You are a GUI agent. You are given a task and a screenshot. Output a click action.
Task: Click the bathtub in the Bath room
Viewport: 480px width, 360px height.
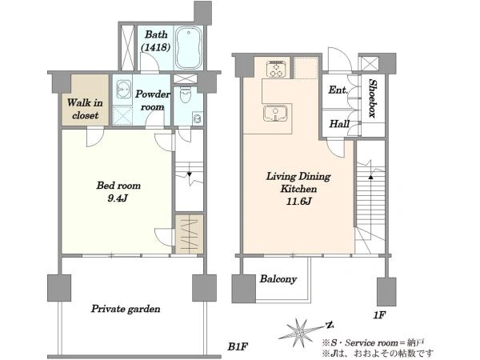(x=189, y=48)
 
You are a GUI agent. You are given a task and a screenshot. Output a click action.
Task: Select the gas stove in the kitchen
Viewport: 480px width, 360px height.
(x=276, y=69)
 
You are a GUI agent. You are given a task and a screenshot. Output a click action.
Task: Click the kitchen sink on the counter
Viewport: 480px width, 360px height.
(x=275, y=114)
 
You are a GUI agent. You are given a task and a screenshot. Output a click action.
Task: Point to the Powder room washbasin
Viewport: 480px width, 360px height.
(x=124, y=89)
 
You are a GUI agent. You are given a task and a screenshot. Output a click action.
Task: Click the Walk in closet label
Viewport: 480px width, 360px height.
(x=85, y=109)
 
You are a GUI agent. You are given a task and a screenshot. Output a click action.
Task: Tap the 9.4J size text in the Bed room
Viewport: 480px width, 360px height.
(x=118, y=198)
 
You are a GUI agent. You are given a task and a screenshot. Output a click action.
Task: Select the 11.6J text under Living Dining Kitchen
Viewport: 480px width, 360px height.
(x=298, y=202)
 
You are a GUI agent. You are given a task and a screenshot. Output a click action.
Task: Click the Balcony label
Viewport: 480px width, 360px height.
(x=278, y=279)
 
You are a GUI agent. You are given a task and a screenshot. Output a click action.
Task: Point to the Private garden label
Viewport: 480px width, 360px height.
(x=126, y=309)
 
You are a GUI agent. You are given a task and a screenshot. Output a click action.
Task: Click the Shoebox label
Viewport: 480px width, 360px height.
(x=373, y=98)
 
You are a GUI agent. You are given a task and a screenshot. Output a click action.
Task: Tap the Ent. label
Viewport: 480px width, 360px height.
(x=338, y=90)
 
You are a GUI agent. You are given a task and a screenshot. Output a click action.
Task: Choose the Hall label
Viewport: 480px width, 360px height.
(x=339, y=124)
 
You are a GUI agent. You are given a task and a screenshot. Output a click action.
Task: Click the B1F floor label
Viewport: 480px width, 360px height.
(x=238, y=346)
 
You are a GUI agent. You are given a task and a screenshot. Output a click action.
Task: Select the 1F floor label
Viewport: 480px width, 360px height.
(x=379, y=315)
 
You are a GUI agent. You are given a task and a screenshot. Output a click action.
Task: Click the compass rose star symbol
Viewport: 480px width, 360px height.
(x=300, y=332)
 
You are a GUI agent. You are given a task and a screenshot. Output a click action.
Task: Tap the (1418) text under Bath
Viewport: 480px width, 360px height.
(x=155, y=47)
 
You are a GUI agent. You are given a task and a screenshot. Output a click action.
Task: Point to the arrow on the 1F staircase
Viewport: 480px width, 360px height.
(x=370, y=178)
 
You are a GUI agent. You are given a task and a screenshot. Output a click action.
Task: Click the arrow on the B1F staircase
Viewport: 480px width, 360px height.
(x=189, y=174)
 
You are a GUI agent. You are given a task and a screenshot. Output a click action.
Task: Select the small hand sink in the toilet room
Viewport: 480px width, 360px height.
(x=197, y=118)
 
